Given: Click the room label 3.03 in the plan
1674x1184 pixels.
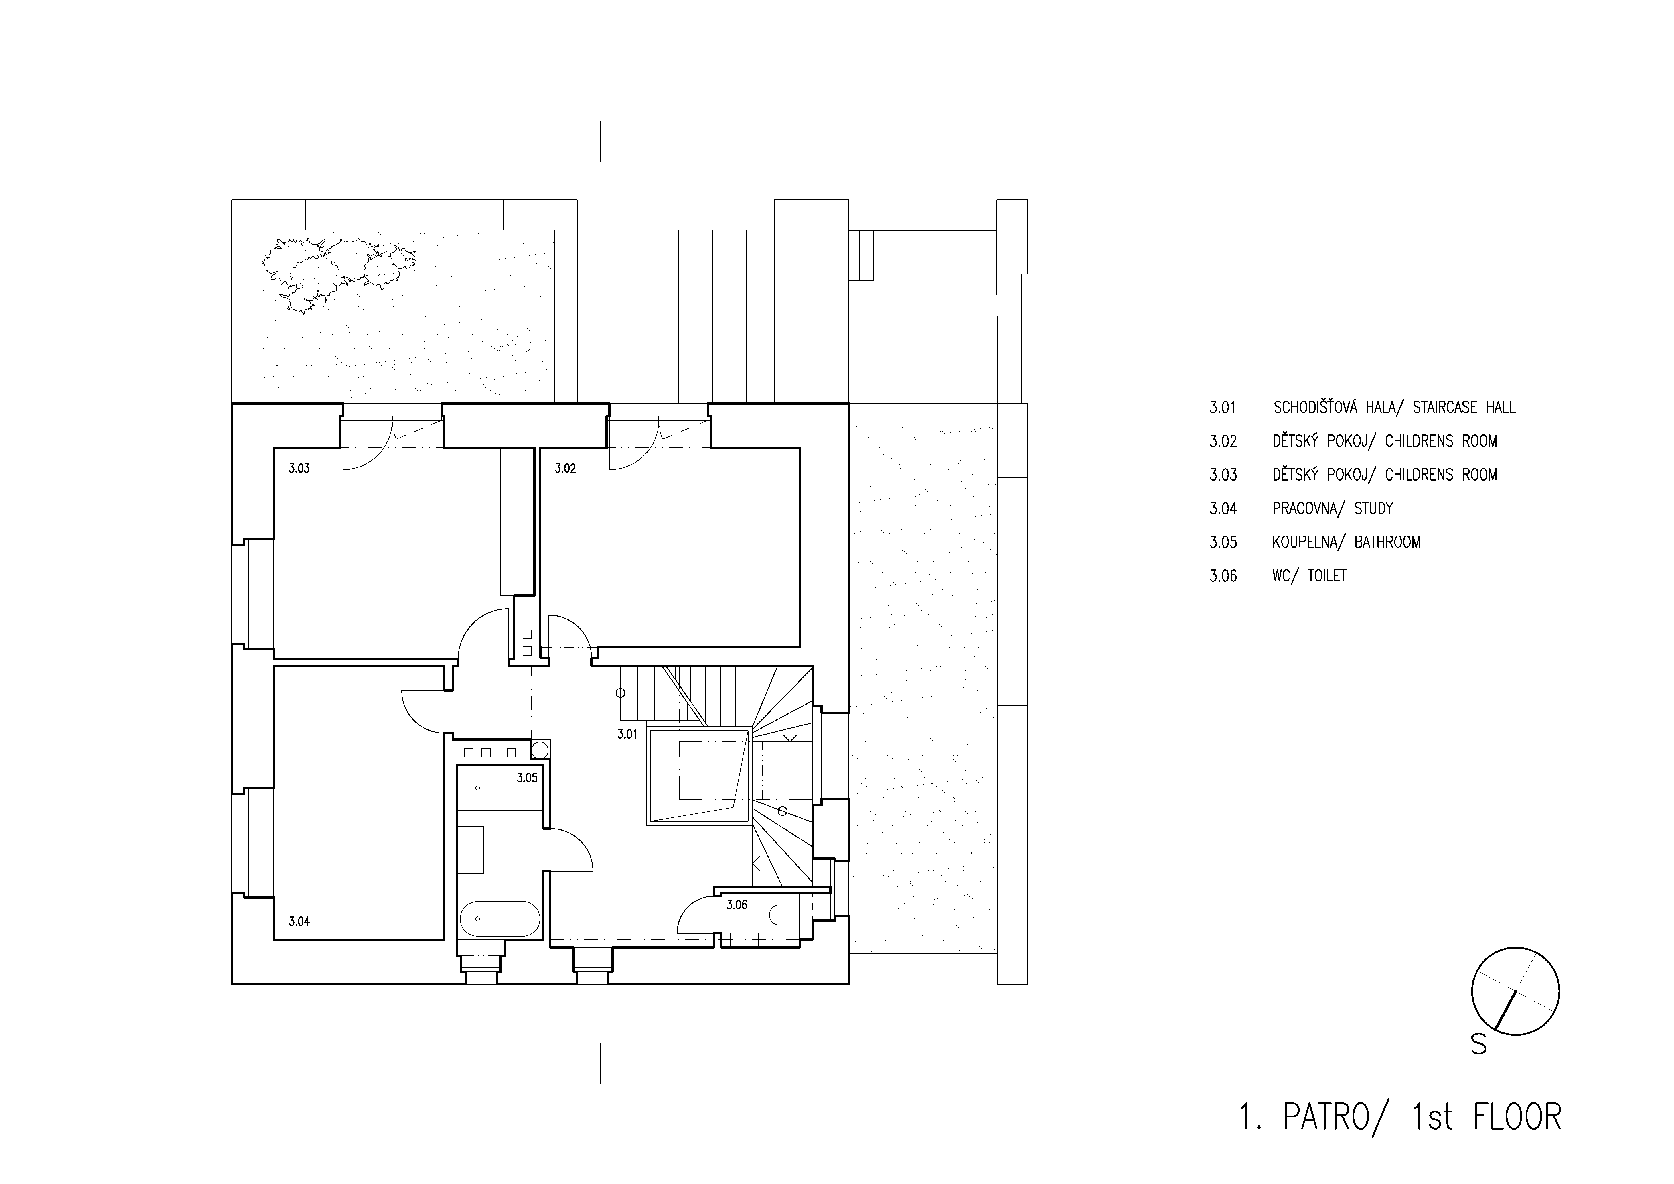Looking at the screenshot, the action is coord(299,468).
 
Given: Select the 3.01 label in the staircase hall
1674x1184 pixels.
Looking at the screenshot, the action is coord(627,735).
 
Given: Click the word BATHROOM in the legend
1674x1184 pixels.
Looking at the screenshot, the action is coord(1387,542).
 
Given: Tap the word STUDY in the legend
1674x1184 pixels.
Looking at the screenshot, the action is coord(1374,508).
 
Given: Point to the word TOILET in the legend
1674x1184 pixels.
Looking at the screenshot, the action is coord(1327,576).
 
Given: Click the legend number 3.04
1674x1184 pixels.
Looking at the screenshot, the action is coord(1223,508).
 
